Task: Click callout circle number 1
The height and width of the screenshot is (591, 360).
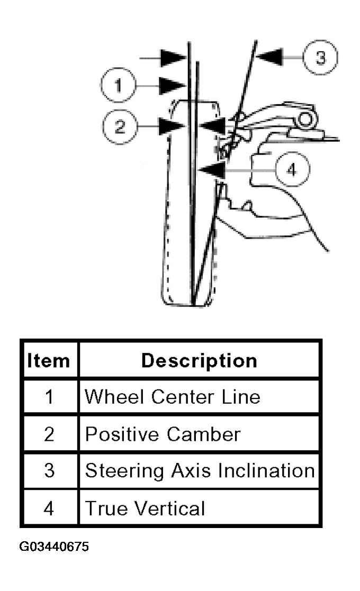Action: point(118,85)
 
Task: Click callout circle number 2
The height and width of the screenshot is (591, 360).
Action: point(120,126)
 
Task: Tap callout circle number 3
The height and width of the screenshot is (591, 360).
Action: point(320,57)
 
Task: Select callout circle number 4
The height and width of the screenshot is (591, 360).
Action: point(293,169)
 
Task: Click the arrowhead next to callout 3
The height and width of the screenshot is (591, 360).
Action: point(269,57)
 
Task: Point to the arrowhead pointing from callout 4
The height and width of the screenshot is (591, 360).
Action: point(212,169)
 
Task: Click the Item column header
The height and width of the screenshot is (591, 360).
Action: point(49,361)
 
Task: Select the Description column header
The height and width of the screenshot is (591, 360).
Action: point(200,361)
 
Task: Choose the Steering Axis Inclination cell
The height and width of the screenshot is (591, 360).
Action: point(200,471)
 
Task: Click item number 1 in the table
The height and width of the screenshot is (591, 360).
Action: point(49,397)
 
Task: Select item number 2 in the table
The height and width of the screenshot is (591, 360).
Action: point(49,434)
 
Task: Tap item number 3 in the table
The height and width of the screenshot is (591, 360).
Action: point(49,471)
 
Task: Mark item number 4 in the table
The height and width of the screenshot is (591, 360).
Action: point(49,508)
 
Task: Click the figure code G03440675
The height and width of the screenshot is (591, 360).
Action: point(55,547)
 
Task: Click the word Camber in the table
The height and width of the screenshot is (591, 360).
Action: point(204,434)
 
